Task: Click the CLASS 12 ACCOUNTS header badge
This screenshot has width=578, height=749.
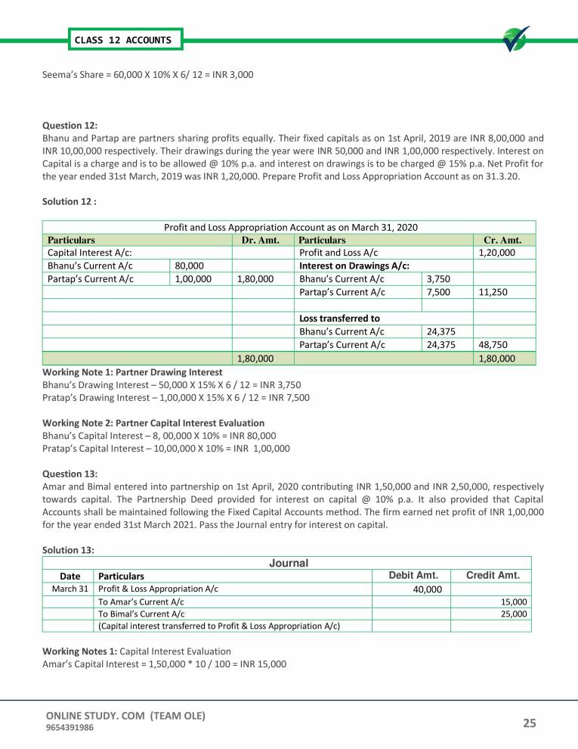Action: (x=123, y=39)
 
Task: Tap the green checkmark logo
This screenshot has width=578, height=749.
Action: (x=515, y=40)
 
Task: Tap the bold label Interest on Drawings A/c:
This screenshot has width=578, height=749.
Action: (x=354, y=266)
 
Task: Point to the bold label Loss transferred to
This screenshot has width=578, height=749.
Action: (x=339, y=318)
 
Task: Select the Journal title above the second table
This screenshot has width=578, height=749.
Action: (x=288, y=563)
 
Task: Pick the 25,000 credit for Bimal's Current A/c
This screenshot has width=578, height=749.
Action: (x=514, y=614)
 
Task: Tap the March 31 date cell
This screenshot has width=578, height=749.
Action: (x=70, y=589)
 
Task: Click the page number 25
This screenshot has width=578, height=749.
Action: (x=529, y=724)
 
